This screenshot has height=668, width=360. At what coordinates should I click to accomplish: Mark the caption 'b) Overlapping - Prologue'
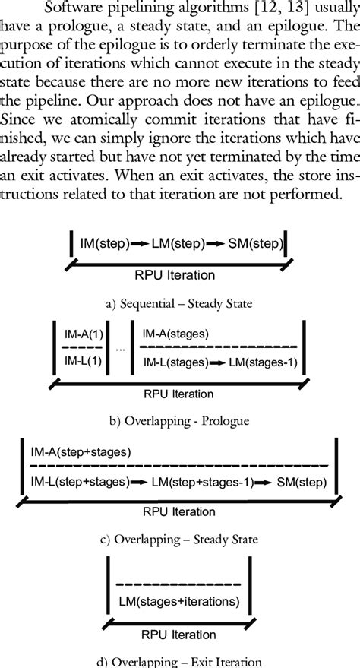coord(179,419)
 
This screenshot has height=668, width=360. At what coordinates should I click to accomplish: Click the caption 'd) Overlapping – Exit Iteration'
coord(180,660)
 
